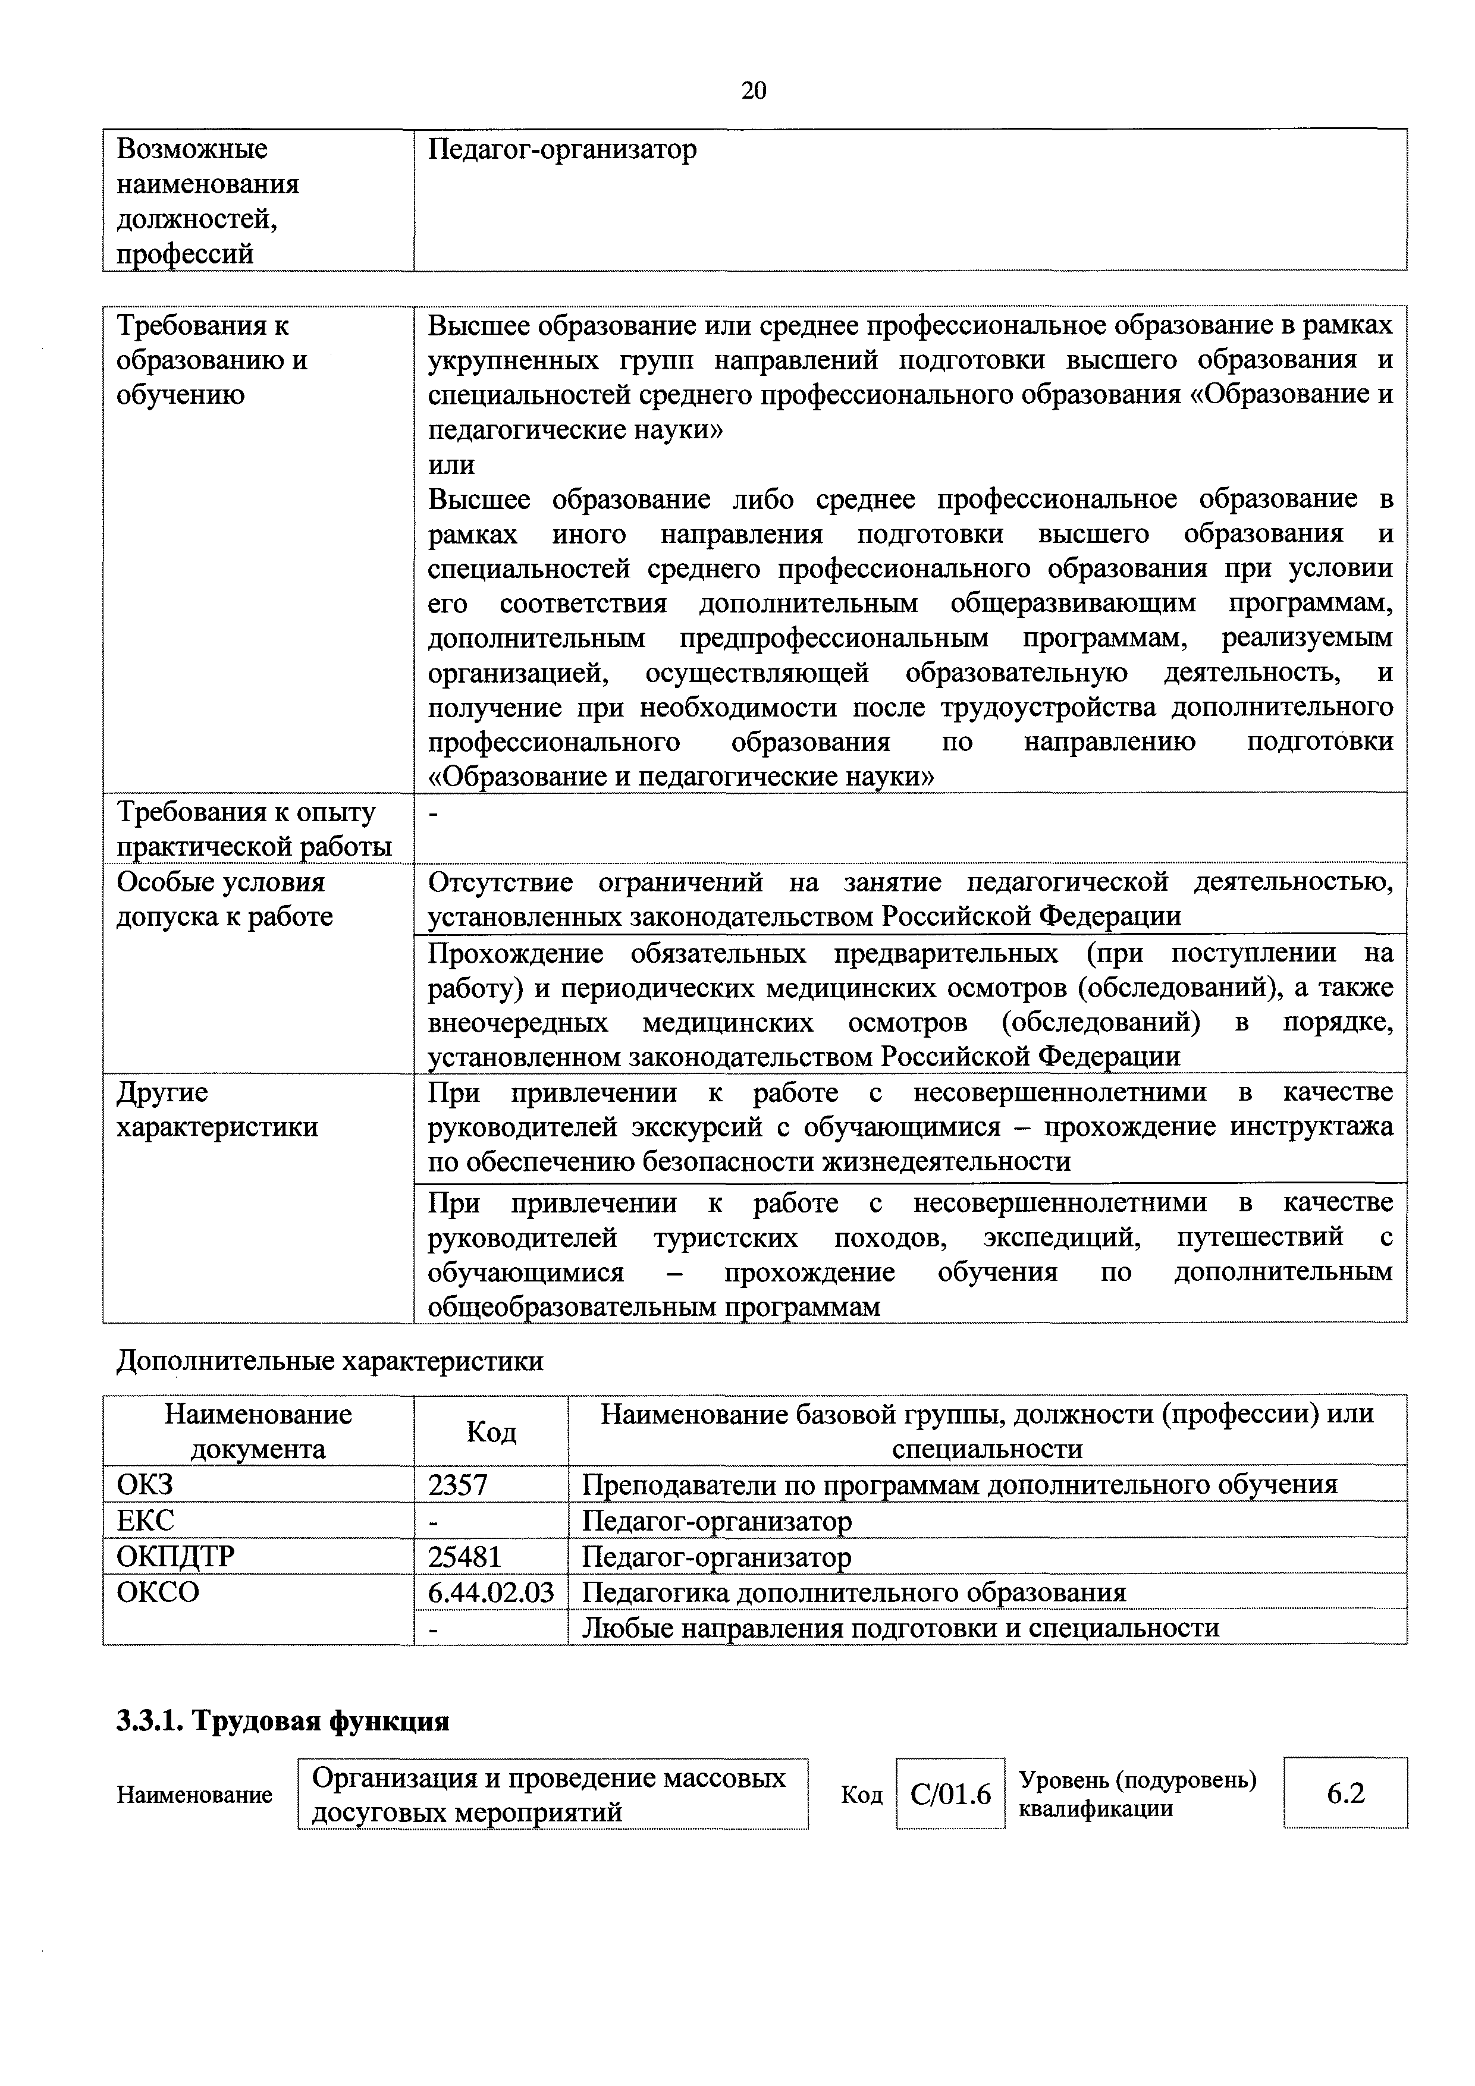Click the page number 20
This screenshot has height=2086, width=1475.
click(754, 90)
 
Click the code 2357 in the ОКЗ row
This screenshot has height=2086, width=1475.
click(457, 1485)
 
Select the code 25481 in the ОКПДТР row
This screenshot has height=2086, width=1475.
click(465, 1557)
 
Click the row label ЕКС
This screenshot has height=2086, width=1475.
click(145, 1521)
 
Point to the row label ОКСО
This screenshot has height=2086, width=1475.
click(157, 1592)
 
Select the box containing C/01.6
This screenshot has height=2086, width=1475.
click(950, 1795)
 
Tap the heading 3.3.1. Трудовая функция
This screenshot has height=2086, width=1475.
click(283, 1721)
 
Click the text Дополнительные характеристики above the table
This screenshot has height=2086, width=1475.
click(330, 1361)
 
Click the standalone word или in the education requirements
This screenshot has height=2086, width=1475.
click(451, 464)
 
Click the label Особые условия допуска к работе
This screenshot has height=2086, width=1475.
click(224, 900)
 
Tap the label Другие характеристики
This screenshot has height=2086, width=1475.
click(217, 1110)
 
